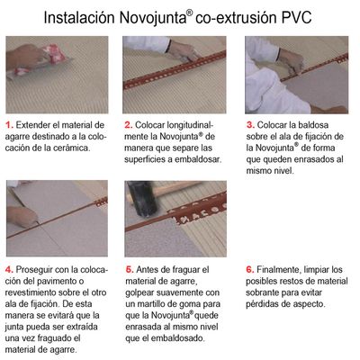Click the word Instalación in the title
[79, 18]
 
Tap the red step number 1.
[9, 125]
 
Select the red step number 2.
[129, 125]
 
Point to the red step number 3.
[250, 125]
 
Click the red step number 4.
[9, 269]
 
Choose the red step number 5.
[130, 269]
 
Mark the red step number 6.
[250, 269]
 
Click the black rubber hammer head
[140, 199]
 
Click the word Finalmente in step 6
[278, 269]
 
